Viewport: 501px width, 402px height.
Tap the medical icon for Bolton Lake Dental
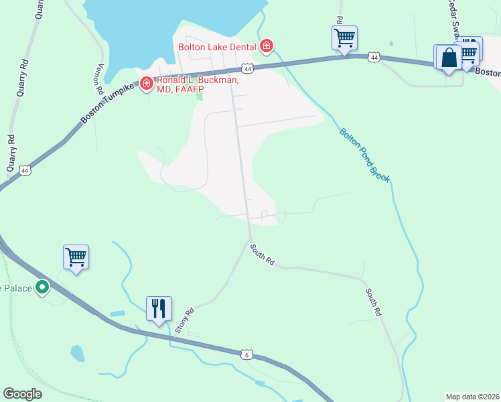(x=267, y=46)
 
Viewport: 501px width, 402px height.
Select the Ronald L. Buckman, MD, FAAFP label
(x=197, y=85)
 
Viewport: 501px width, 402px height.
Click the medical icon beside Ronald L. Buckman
(x=145, y=86)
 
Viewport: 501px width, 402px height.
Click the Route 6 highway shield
(x=246, y=354)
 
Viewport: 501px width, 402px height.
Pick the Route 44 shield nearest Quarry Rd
(x=25, y=170)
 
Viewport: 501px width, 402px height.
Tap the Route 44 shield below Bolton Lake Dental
(x=248, y=68)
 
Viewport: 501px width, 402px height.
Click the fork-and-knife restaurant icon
(x=159, y=309)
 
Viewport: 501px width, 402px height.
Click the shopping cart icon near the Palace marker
(x=76, y=257)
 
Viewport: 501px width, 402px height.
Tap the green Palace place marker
(x=42, y=288)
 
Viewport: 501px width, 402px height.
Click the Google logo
(x=22, y=394)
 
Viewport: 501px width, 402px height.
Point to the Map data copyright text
(x=473, y=397)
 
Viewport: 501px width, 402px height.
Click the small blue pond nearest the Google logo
(x=77, y=352)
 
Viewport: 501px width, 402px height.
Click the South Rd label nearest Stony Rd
(x=263, y=255)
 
